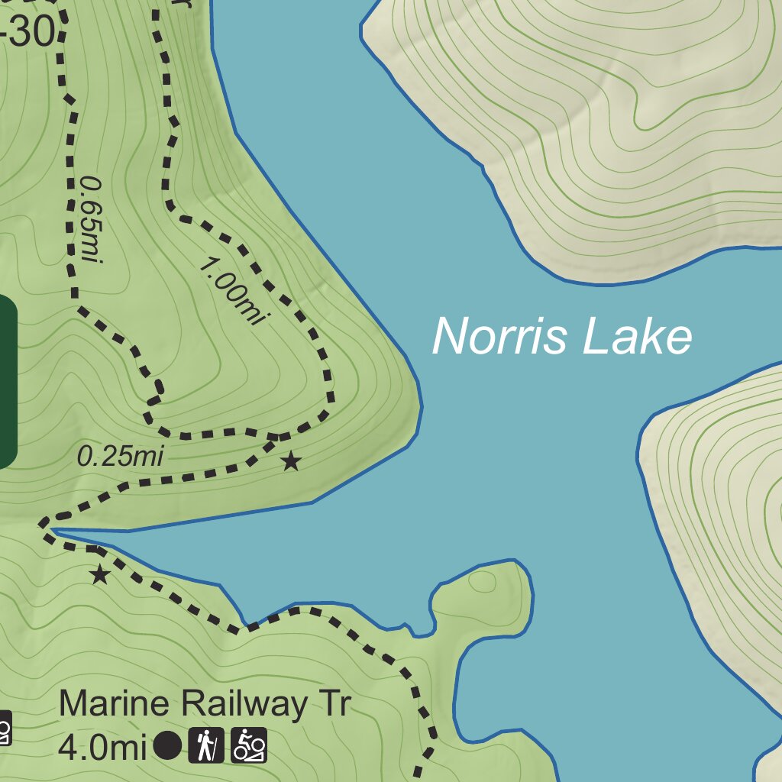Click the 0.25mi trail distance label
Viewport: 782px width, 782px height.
click(121, 457)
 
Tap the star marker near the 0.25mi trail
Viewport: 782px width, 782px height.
click(290, 461)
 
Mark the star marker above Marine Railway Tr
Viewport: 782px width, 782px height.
click(99, 574)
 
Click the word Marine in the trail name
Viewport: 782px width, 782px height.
click(113, 703)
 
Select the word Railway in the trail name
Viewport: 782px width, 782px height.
click(242, 705)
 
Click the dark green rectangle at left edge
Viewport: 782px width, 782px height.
click(8, 381)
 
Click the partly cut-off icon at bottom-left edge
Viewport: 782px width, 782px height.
click(5, 729)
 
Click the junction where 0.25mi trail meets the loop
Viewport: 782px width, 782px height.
click(275, 438)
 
